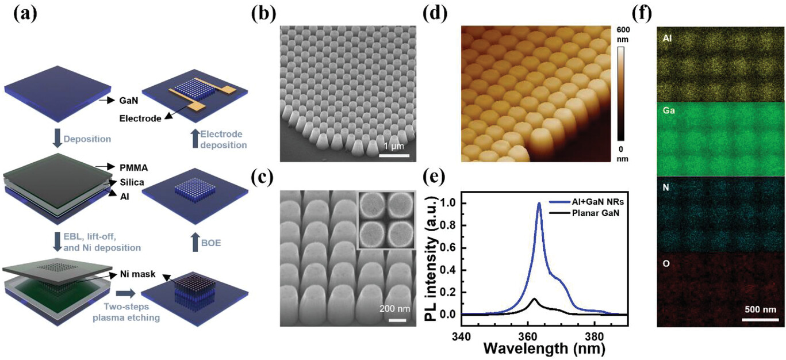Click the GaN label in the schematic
pyautogui.click(x=129, y=101)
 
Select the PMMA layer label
pyautogui.click(x=134, y=168)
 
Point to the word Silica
pyautogui.click(x=132, y=182)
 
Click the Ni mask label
pyautogui.click(x=137, y=274)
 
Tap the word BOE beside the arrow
pyautogui.click(x=211, y=243)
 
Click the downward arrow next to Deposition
pyautogui.click(x=57, y=139)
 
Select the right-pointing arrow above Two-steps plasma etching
pyautogui.click(x=125, y=293)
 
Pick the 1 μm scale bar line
pyautogui.click(x=394, y=155)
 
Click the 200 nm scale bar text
pyautogui.click(x=395, y=309)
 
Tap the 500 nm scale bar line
pyautogui.click(x=760, y=320)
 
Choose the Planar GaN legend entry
pyautogui.click(x=584, y=213)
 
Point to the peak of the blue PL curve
pyautogui.click(x=539, y=203)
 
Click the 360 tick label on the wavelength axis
pyautogui.click(x=528, y=337)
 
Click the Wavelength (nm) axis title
pyautogui.click(x=545, y=348)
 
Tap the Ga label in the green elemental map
pyautogui.click(x=669, y=111)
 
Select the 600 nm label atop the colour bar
pyautogui.click(x=623, y=35)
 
